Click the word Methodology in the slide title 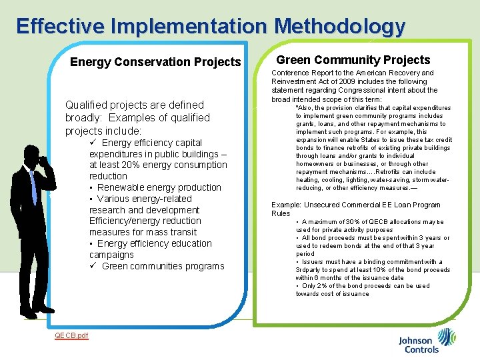(x=339, y=26)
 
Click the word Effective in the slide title (x=59, y=26)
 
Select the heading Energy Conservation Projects (x=155, y=62)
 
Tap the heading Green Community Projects (x=353, y=60)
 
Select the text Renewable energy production (x=159, y=187)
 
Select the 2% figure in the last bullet (x=322, y=286)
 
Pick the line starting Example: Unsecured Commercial (x=355, y=205)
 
